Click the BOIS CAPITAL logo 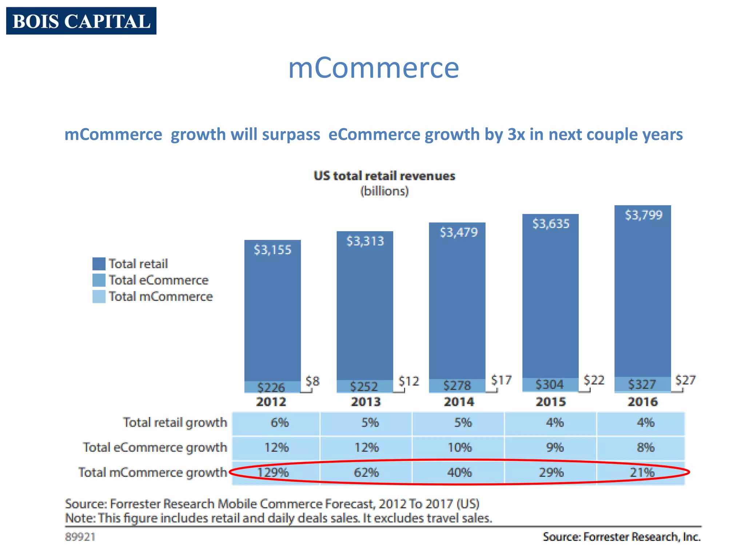click(81, 21)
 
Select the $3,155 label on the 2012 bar click(272, 250)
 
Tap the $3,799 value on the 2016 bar click(644, 215)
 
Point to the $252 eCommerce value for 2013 click(364, 386)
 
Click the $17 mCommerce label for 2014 click(501, 380)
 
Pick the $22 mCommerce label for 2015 click(594, 380)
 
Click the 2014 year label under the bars click(459, 402)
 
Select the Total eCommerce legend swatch click(99, 280)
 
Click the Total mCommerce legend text click(160, 296)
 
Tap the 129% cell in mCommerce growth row click(273, 472)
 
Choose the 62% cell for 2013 click(366, 472)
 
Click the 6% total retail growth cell click(279, 423)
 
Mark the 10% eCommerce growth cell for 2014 click(459, 447)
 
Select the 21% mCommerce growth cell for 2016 click(642, 472)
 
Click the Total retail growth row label click(175, 423)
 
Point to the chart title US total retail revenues click(384, 176)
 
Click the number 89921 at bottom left click(80, 537)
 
